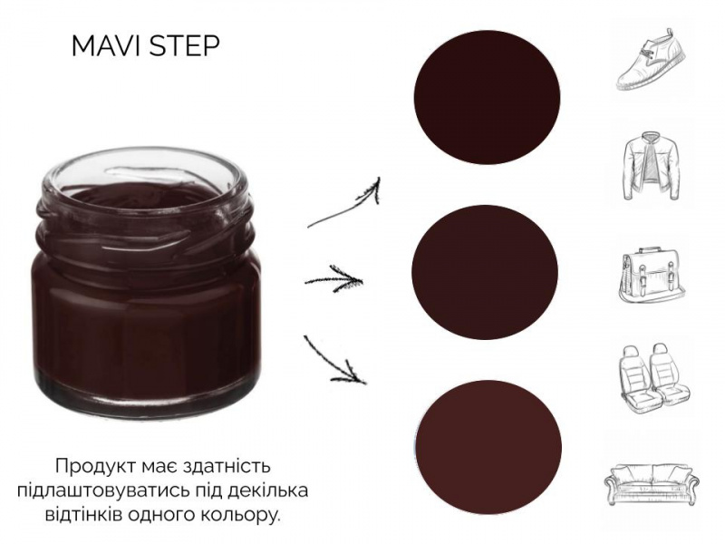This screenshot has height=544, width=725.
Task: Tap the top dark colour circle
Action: coord(487,98)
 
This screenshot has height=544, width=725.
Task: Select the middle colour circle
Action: coord(485,272)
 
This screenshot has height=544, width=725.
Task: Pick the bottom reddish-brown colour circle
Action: coord(488,448)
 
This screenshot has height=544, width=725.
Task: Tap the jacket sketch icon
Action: coord(652,166)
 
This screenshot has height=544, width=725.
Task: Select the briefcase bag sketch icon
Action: coord(652,275)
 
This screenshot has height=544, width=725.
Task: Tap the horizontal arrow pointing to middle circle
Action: coord(333,279)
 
